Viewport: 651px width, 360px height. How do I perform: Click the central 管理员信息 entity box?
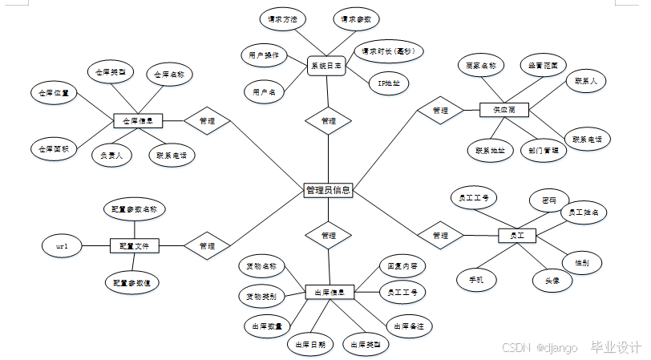pyautogui.click(x=328, y=190)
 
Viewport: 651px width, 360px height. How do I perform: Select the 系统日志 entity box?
pyautogui.click(x=326, y=66)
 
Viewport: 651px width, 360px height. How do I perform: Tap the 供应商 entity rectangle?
pyautogui.click(x=503, y=109)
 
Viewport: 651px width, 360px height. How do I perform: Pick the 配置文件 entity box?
pyautogui.click(x=134, y=245)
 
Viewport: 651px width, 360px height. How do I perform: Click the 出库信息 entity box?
pyautogui.click(x=330, y=293)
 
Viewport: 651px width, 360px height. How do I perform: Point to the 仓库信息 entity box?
pyautogui.click(x=138, y=121)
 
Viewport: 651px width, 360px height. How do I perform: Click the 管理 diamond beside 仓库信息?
pyautogui.click(x=207, y=121)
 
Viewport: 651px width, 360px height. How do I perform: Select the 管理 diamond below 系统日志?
pyautogui.click(x=328, y=121)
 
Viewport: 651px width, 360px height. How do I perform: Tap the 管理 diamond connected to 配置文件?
pyautogui.click(x=207, y=245)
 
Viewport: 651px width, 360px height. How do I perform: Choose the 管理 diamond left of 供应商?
pyautogui.click(x=440, y=110)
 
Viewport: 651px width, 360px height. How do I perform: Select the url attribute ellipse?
pyautogui.click(x=62, y=246)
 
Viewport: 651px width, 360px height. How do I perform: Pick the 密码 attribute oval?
pyautogui.click(x=550, y=198)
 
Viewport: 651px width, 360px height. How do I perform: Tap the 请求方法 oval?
pyautogui.click(x=281, y=18)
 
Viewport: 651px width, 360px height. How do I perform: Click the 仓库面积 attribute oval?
pyautogui.click(x=54, y=148)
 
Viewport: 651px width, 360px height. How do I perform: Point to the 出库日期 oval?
pyautogui.click(x=310, y=344)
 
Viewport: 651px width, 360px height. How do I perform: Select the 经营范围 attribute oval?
pyautogui.click(x=544, y=64)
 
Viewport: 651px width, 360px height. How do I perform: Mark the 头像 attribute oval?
pyautogui.click(x=552, y=280)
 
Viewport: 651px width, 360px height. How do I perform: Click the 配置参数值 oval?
pyautogui.click(x=132, y=282)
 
